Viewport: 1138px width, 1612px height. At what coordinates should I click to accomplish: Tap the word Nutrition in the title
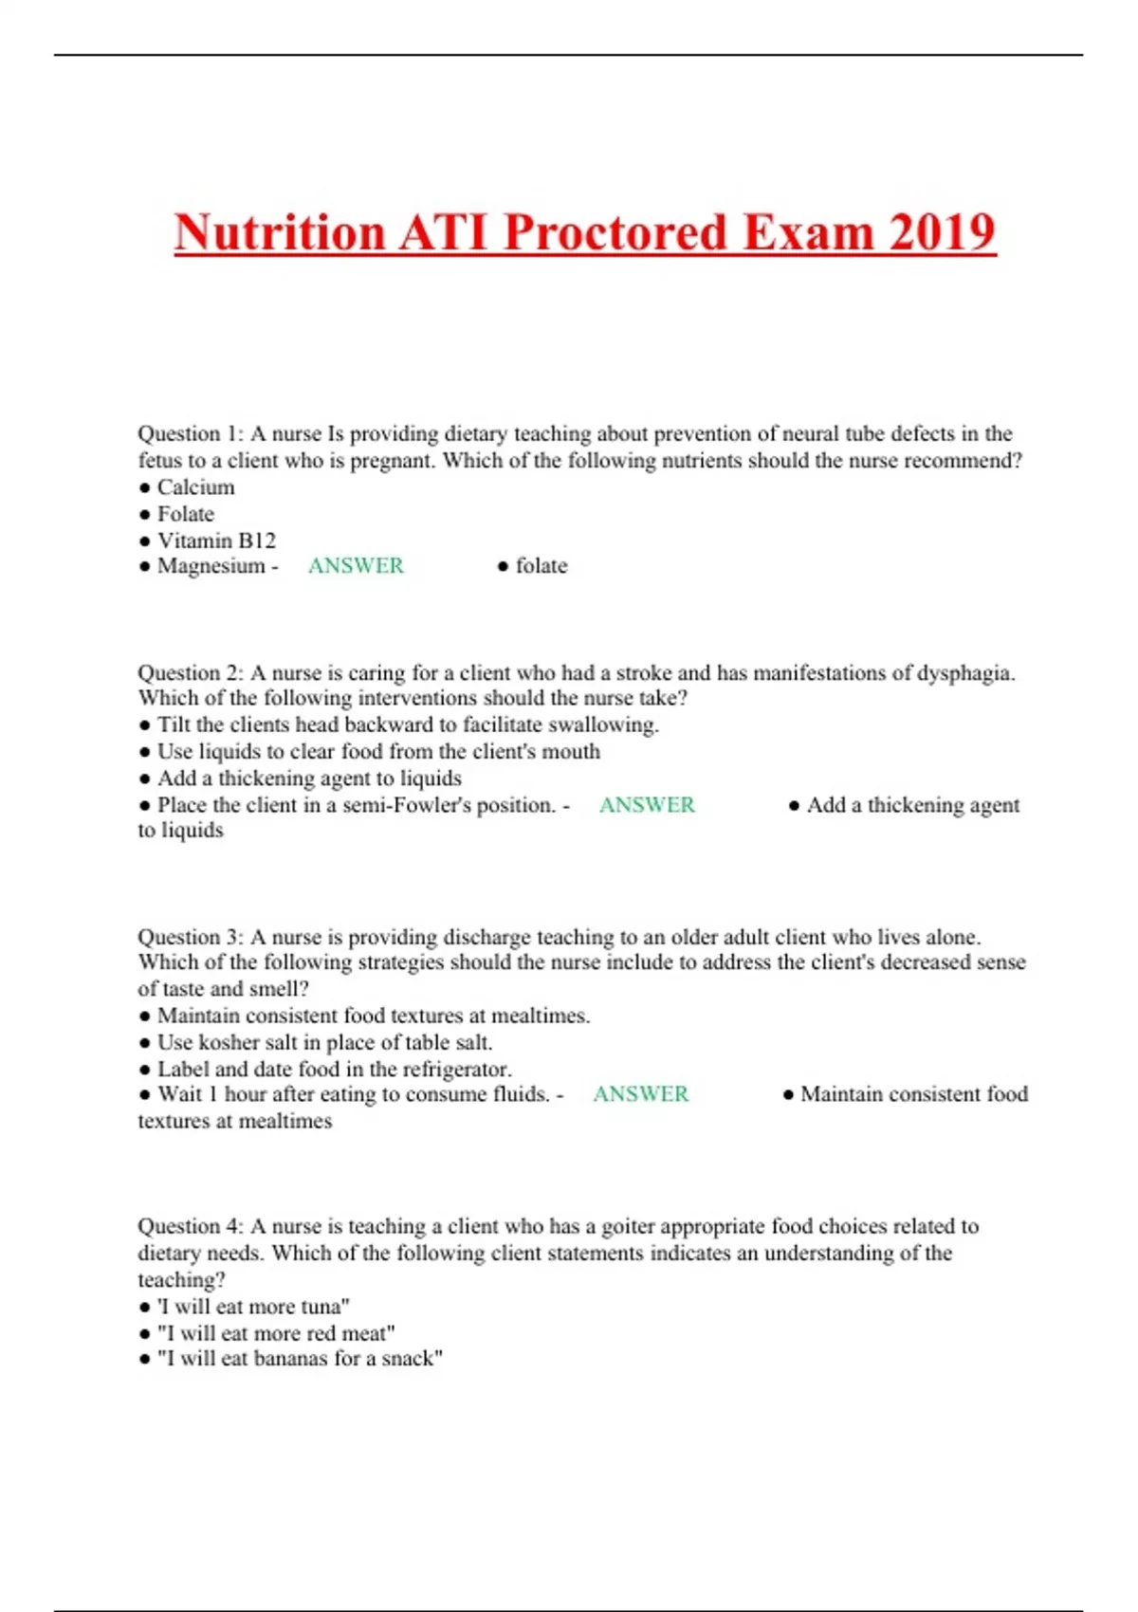(278, 232)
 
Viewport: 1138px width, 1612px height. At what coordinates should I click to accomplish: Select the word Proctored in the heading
(615, 232)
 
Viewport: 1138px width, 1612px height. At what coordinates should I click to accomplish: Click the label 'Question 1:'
(191, 434)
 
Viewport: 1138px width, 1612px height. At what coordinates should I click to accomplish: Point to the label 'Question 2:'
(191, 673)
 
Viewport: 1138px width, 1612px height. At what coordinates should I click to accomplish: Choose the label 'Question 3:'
(191, 937)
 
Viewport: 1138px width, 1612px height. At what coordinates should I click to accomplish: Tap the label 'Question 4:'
(191, 1226)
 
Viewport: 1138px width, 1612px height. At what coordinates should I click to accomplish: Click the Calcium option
(195, 487)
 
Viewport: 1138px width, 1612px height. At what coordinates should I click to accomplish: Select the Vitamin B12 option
(216, 540)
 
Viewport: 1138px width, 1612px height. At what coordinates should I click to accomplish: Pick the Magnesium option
(211, 566)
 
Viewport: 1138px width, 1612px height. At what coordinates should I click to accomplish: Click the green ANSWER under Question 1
(356, 566)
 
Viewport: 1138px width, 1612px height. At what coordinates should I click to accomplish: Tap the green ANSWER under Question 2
(647, 805)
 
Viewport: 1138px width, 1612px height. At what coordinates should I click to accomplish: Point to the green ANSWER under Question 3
(641, 1094)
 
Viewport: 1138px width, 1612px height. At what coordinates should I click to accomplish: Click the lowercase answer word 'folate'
(541, 566)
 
